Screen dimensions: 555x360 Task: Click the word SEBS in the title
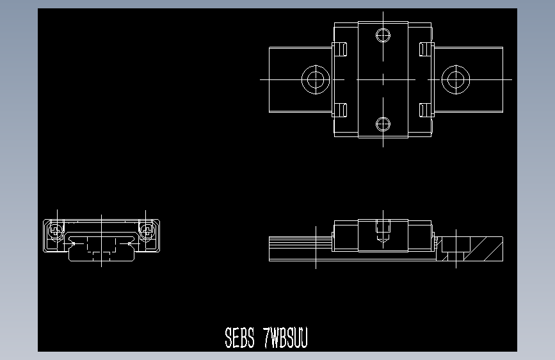(239, 338)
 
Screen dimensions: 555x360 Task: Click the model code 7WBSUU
(286, 338)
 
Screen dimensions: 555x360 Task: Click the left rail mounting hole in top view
(315, 79)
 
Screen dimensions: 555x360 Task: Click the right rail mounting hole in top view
(456, 79)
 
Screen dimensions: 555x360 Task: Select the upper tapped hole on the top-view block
(383, 34)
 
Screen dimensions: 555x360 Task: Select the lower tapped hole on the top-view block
(383, 124)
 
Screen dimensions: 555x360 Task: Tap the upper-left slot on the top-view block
(340, 49)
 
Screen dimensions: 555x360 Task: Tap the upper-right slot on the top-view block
(426, 49)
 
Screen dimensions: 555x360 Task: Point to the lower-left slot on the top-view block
(340, 110)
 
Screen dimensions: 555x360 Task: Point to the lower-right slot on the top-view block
(426, 110)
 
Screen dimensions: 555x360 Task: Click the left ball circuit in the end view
(57, 229)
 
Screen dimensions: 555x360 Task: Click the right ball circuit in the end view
(146, 229)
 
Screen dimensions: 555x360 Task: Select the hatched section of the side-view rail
(490, 249)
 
